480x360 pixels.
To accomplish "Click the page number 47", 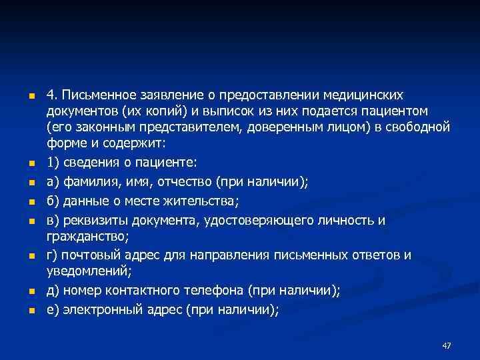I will point(447,345).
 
